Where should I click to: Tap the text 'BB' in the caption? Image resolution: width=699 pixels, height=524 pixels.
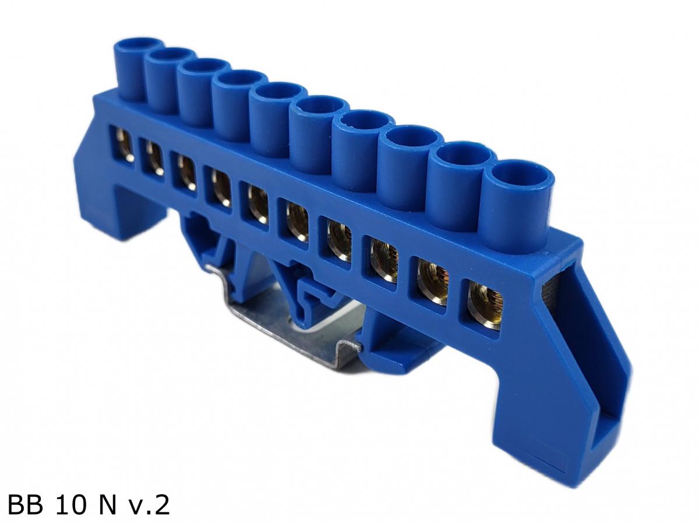point(26,505)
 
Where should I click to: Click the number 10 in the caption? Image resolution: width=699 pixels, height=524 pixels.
point(71,505)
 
